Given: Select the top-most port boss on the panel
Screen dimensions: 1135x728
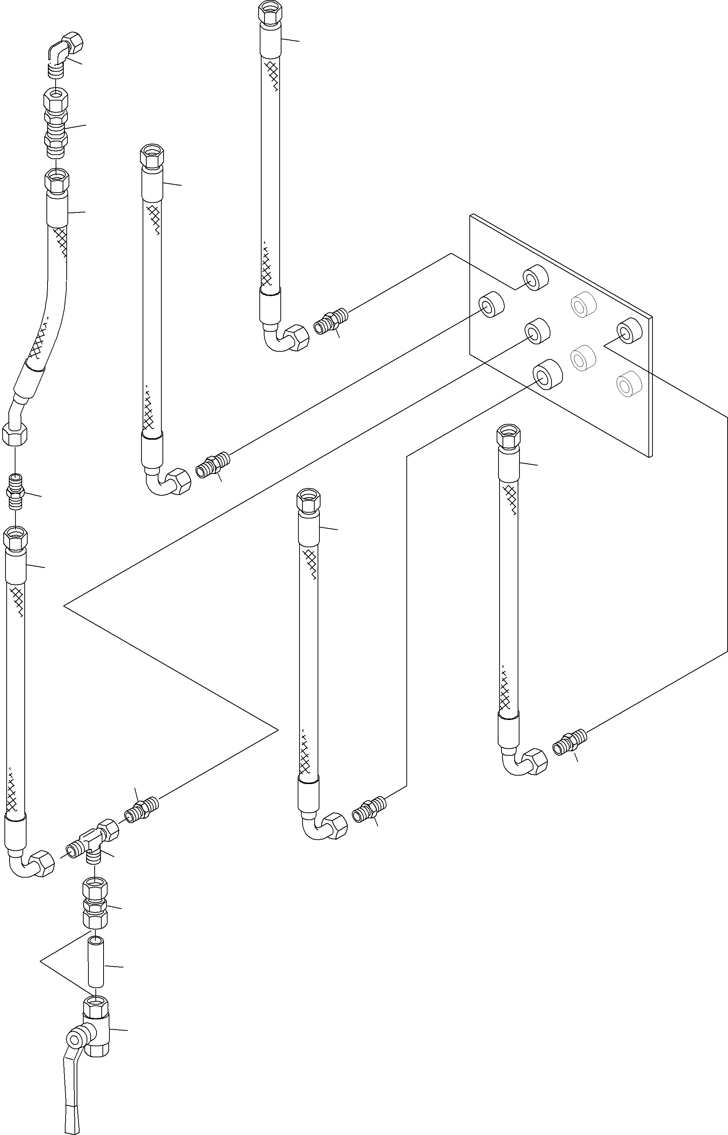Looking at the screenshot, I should click(x=535, y=278).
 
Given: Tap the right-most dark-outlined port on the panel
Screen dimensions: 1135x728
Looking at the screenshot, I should click(x=629, y=330).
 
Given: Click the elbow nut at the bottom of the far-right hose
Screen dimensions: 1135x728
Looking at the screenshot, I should click(x=534, y=762).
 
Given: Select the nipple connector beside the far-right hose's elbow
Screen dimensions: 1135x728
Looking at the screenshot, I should click(x=570, y=743).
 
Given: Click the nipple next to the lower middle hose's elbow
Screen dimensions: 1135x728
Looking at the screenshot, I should click(x=370, y=811).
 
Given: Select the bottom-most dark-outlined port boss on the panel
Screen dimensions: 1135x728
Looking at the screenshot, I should click(x=547, y=374).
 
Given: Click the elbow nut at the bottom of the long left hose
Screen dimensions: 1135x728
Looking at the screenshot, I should click(x=42, y=863).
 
